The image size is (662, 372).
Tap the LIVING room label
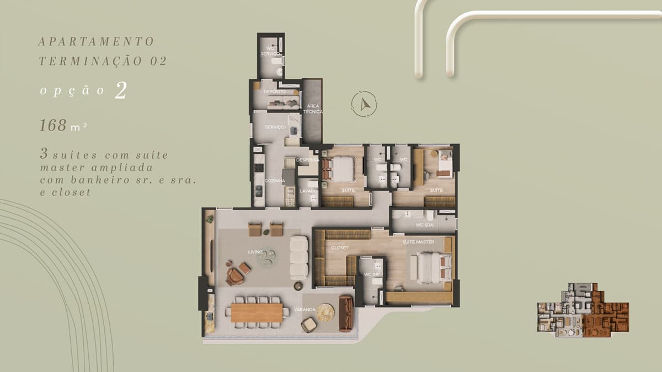point(255,252)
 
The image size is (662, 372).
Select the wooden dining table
point(257,312)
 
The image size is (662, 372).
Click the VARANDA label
point(305,309)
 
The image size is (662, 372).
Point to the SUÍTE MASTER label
point(418,242)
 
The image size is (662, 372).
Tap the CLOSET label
point(340,247)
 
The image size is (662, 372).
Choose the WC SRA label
point(424,225)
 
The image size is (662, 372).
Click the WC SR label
point(371,274)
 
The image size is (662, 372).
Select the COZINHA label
point(275,181)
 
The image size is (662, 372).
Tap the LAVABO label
point(308,191)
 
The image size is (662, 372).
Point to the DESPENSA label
point(308,160)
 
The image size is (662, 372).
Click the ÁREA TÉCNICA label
point(313,109)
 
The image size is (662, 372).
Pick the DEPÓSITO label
point(275,91)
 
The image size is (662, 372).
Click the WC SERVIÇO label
point(270,51)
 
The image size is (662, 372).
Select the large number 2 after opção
point(121,90)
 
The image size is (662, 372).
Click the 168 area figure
point(53,125)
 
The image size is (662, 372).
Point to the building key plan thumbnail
point(583,310)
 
